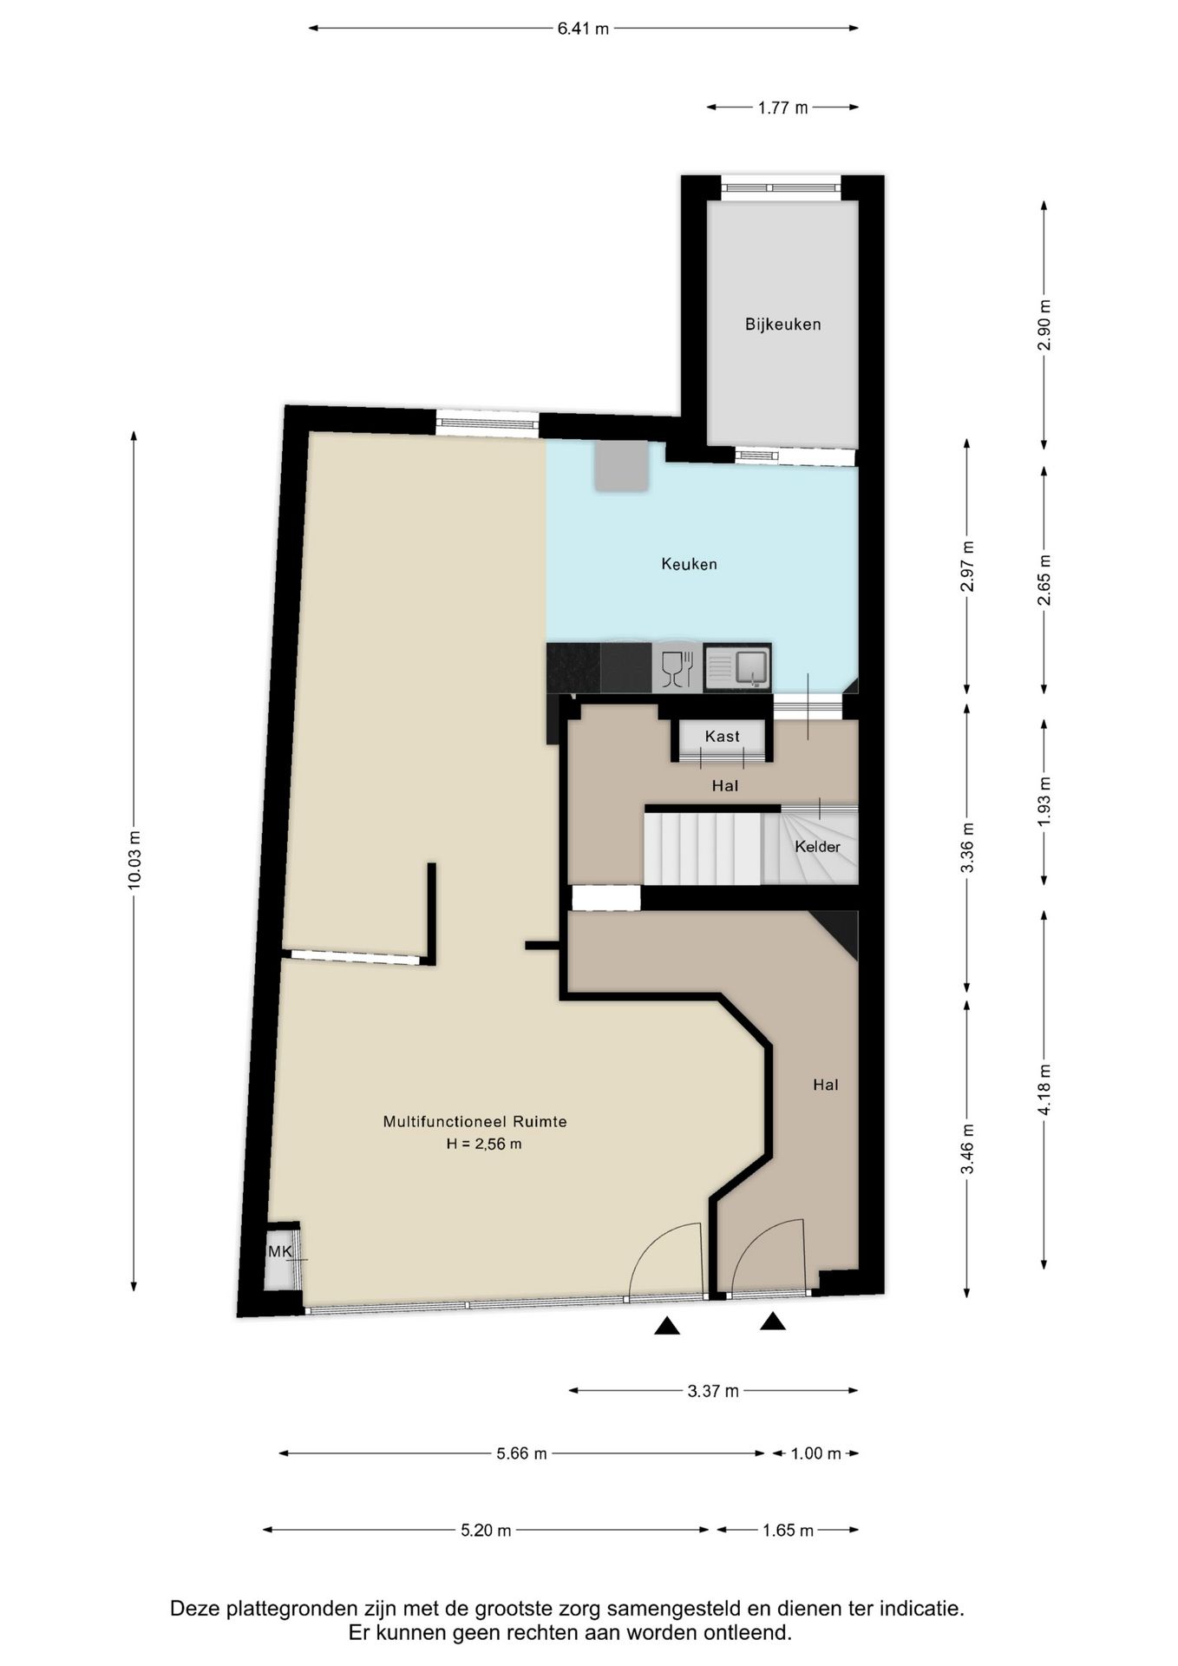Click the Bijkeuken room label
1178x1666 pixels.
(x=782, y=325)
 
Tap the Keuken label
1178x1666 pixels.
(x=689, y=564)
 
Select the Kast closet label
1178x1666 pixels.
(x=722, y=736)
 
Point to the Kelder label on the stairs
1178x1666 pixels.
(x=817, y=846)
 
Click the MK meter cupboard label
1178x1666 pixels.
(x=280, y=1251)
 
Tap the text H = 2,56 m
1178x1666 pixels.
(x=484, y=1144)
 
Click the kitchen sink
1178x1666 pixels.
(x=737, y=668)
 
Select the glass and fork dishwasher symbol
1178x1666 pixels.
(x=677, y=669)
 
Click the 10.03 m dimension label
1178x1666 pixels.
(x=134, y=860)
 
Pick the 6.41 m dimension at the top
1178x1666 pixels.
(x=583, y=29)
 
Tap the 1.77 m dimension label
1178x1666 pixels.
(x=782, y=108)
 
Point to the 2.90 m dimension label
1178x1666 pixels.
(x=1044, y=325)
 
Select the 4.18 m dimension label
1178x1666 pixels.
(x=1044, y=1090)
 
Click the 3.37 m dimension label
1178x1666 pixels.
(x=713, y=1391)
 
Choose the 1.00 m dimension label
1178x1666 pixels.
(x=816, y=1453)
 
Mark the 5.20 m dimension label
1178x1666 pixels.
(x=486, y=1530)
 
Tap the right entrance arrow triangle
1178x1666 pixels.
(x=773, y=1321)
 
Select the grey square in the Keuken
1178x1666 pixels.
(x=621, y=466)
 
